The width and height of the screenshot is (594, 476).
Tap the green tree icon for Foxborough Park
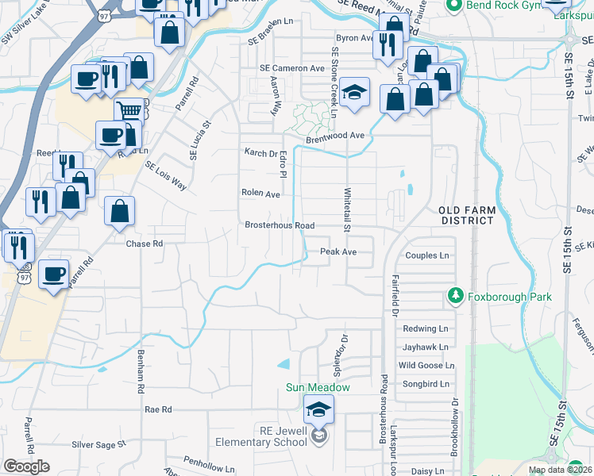pyautogui.click(x=455, y=297)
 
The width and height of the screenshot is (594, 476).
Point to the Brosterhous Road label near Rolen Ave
pyautogui.click(x=279, y=225)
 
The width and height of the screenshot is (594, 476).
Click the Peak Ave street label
pyautogui.click(x=338, y=251)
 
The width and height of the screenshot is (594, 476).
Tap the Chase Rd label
pyautogui.click(x=144, y=244)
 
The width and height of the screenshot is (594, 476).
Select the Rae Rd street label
pyautogui.click(x=158, y=409)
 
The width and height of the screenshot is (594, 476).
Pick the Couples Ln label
pyautogui.click(x=426, y=255)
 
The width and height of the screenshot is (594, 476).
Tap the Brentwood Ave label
pyautogui.click(x=337, y=136)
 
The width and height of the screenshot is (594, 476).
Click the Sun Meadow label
pyautogui.click(x=318, y=388)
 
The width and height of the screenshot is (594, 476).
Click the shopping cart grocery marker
pyautogui.click(x=129, y=112)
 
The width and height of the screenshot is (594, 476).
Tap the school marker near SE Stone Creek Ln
pyautogui.click(x=355, y=92)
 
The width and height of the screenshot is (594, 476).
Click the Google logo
pyautogui.click(x=26, y=466)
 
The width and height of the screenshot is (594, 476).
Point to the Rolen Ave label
pyautogui.click(x=261, y=194)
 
